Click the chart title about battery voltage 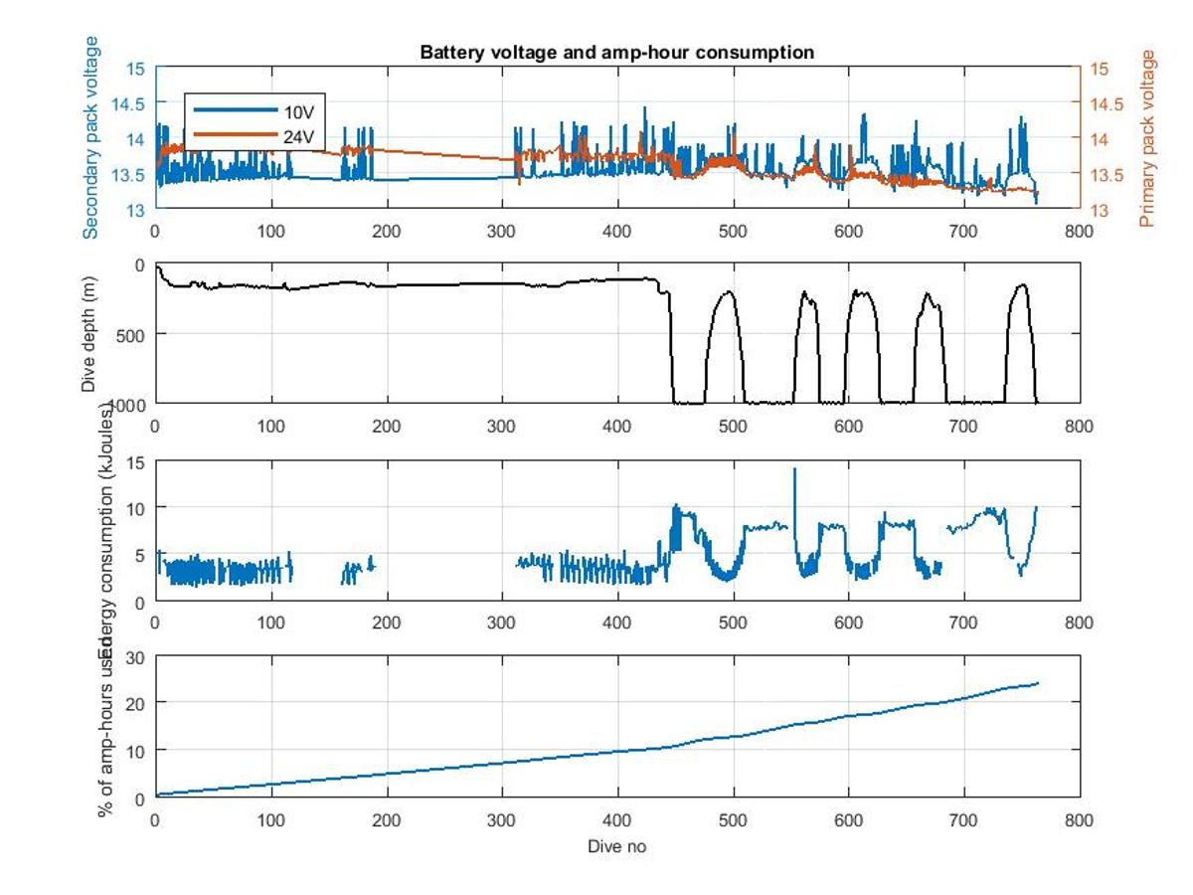point(616,52)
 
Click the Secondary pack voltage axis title point(90,137)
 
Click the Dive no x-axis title point(616,846)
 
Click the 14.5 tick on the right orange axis point(1102,103)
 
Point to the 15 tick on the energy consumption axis point(137,460)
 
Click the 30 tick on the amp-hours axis point(137,656)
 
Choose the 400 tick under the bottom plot point(617,820)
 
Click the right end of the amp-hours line point(1037,683)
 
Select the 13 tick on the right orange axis point(1098,210)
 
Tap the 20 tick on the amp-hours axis point(137,703)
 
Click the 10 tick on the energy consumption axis point(137,507)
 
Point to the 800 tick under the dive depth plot point(1080,427)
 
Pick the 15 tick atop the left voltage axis point(137,69)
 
